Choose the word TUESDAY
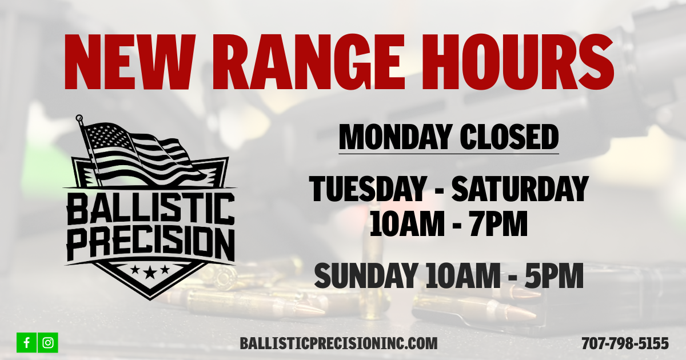pos(368,189)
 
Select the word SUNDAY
pos(365,275)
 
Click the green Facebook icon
pos(27,342)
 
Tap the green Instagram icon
pos(48,342)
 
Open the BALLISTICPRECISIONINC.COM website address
pos(339,343)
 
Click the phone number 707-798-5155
pos(625,343)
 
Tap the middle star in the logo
pos(150,270)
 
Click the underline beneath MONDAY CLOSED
pos(449,153)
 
